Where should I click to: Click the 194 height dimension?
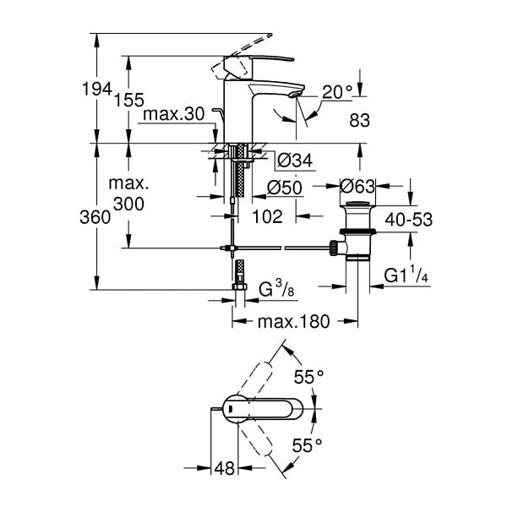(97, 89)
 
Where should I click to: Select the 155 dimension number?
(129, 100)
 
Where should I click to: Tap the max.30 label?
(173, 114)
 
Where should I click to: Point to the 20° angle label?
(336, 92)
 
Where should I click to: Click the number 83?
(360, 120)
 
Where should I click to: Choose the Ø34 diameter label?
(295, 161)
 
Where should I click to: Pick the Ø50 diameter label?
(285, 188)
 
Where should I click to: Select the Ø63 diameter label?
(357, 186)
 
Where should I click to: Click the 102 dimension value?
(267, 216)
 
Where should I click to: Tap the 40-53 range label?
(409, 220)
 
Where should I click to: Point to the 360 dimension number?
(95, 217)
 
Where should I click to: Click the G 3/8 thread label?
(277, 289)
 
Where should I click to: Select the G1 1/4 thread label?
(406, 275)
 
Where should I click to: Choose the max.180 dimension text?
(293, 321)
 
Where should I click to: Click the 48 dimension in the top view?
(225, 468)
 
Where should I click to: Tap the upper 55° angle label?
(308, 377)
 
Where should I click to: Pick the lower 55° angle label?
(308, 445)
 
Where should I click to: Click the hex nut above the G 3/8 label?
(240, 286)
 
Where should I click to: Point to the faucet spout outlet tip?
(297, 95)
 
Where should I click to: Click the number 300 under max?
(128, 204)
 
